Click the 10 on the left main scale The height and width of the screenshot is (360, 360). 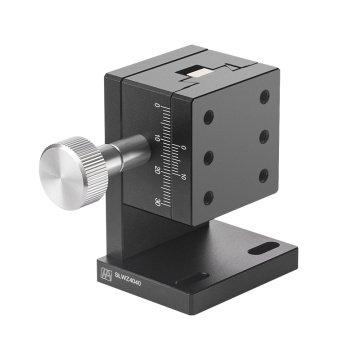tap(158, 138)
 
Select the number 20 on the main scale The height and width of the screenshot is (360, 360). tap(158, 169)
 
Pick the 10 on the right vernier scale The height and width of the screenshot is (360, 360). tap(182, 179)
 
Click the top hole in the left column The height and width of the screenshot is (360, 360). tap(207, 117)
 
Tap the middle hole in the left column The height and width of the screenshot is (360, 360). tap(207, 157)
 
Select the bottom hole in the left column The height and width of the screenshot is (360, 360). tap(208, 197)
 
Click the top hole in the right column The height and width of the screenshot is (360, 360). tap(263, 97)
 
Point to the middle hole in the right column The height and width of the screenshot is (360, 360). tap(263, 135)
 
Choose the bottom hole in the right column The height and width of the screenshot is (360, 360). tap(263, 175)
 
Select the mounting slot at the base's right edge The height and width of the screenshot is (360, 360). tap(268, 246)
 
